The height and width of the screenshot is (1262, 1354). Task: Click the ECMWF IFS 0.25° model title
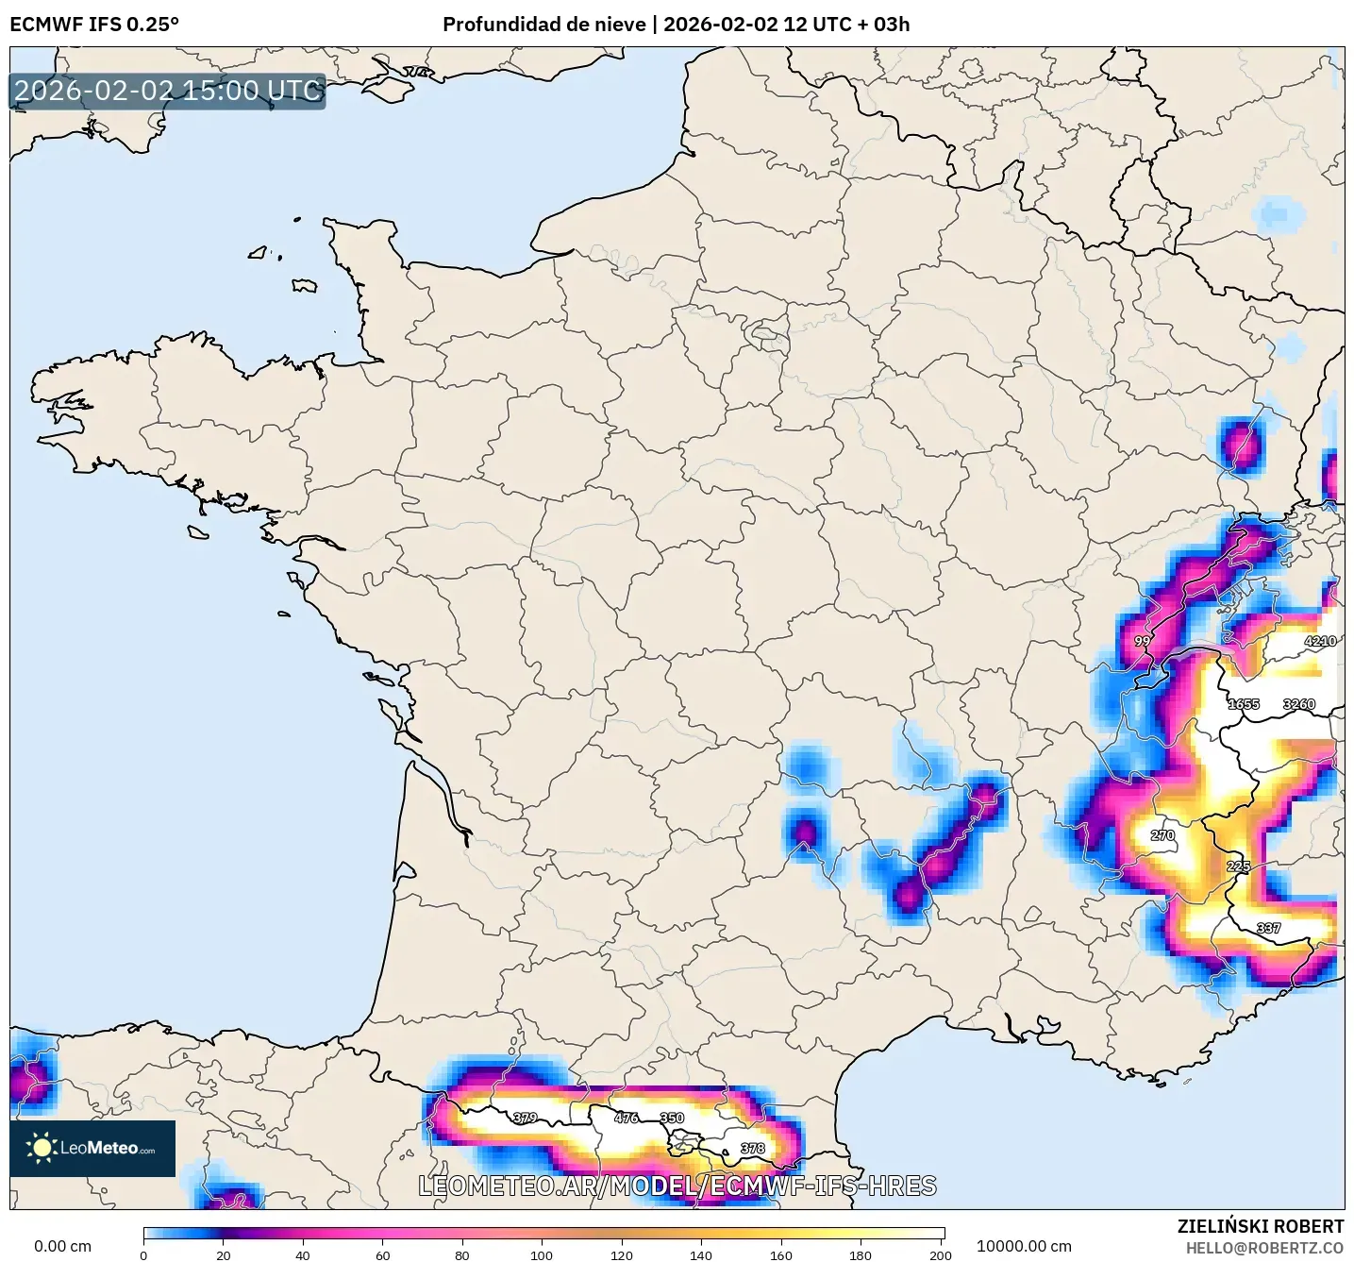click(x=94, y=25)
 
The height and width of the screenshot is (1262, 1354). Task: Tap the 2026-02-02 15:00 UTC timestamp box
click(x=168, y=91)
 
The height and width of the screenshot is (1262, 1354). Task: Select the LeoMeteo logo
click(x=92, y=1148)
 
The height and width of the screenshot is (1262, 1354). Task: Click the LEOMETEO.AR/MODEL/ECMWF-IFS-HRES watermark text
click(x=677, y=1186)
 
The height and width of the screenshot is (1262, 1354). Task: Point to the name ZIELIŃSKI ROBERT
click(x=1260, y=1226)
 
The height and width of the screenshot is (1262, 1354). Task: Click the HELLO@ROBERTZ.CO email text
click(x=1264, y=1248)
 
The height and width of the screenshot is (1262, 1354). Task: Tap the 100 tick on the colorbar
click(x=542, y=1254)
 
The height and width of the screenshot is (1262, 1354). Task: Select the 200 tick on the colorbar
click(x=940, y=1254)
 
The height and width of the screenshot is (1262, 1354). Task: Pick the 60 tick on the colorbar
click(x=382, y=1254)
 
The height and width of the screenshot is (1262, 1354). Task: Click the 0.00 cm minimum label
click(x=62, y=1246)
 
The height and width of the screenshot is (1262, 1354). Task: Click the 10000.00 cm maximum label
click(x=1024, y=1246)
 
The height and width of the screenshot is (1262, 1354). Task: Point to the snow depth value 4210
click(x=1319, y=641)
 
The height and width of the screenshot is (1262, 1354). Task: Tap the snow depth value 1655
click(x=1243, y=704)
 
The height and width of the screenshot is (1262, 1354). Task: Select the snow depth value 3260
click(x=1298, y=704)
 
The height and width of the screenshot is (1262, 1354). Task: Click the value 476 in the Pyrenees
click(x=627, y=1118)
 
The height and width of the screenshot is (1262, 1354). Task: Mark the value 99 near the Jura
click(x=1142, y=641)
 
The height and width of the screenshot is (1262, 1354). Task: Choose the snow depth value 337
click(x=1268, y=928)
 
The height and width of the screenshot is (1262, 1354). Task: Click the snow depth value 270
click(x=1162, y=835)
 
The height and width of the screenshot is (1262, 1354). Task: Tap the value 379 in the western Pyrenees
click(x=525, y=1118)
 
